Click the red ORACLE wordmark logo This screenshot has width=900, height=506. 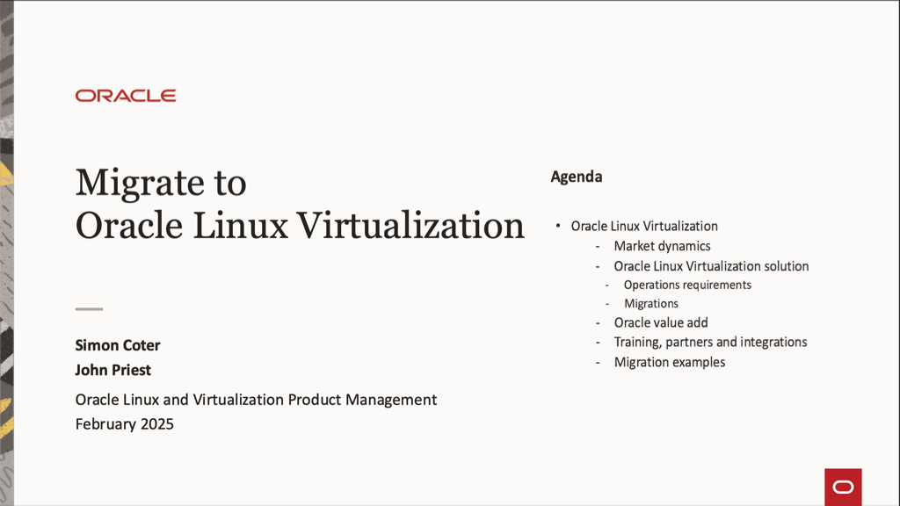tap(126, 96)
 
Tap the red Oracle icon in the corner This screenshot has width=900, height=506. tap(843, 487)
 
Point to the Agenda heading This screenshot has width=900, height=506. tap(577, 177)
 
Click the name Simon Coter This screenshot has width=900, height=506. tap(118, 345)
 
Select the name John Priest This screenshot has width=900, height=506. tap(113, 370)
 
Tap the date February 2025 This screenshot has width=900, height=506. tap(125, 424)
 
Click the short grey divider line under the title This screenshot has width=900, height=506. tap(89, 309)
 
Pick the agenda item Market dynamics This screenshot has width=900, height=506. tap(662, 246)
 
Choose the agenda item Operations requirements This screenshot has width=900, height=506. tap(687, 285)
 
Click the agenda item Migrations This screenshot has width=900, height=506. tap(651, 303)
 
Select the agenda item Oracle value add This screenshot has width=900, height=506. tap(661, 322)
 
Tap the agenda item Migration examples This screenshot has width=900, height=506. tap(670, 362)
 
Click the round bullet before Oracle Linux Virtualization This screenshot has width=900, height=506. tap(558, 226)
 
